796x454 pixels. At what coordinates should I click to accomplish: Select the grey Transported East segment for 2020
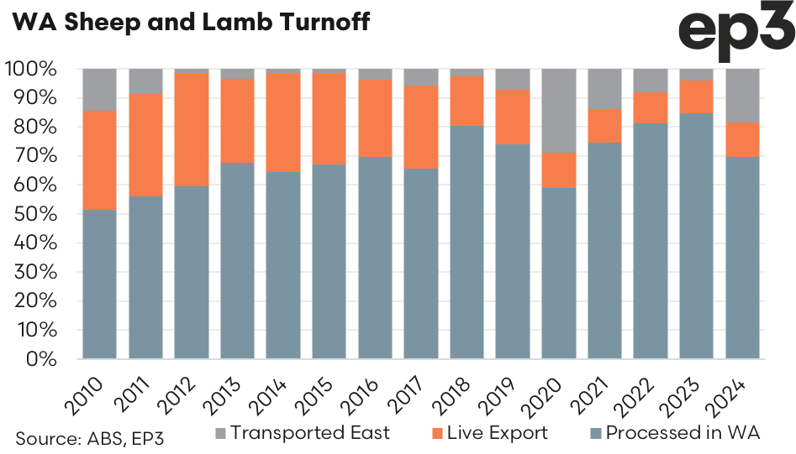558,110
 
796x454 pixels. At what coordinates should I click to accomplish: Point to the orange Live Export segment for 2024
742,139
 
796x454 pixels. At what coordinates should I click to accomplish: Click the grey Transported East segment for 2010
99,89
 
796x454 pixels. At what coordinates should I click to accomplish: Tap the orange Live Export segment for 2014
283,123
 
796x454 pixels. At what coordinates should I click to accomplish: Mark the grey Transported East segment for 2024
742,95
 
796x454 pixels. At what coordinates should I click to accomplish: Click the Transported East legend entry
301,433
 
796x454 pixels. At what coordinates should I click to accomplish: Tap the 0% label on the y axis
42,359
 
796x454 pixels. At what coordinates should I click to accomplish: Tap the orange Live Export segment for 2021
604,125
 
